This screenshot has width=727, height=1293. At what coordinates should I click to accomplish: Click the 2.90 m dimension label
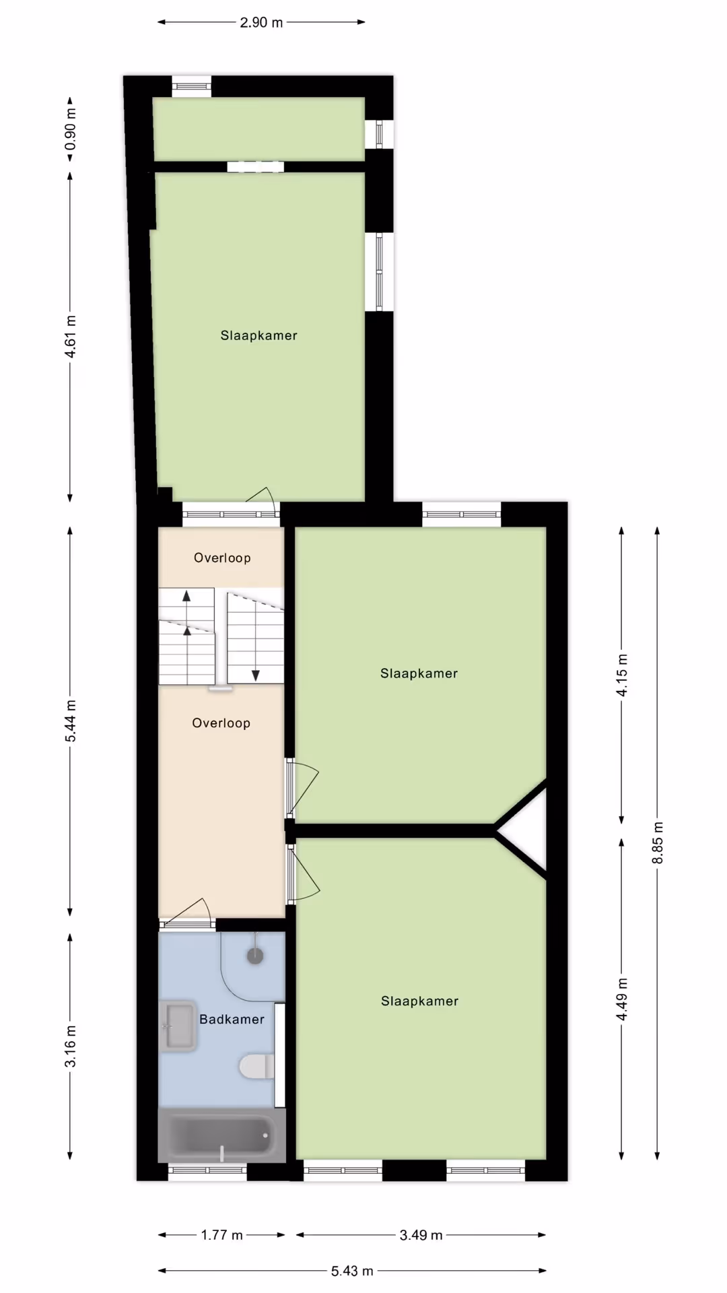pos(261,22)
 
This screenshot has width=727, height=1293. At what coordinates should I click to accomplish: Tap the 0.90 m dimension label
pos(70,129)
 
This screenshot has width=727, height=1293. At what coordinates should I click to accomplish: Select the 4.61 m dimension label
pos(70,337)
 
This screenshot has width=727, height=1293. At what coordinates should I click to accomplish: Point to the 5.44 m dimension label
pos(70,721)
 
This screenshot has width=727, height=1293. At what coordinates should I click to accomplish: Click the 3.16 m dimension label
pos(70,1047)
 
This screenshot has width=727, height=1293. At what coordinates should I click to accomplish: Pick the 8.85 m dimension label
pos(658,842)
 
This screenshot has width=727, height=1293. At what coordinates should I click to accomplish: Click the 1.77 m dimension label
pos(221,1235)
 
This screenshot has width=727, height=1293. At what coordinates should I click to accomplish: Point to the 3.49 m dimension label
pos(421,1235)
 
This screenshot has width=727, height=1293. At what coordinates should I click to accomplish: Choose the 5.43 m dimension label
pos(351,1271)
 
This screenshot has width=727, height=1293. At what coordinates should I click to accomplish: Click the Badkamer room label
pos(232,1019)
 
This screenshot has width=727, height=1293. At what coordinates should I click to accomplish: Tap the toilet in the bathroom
pos(256,1067)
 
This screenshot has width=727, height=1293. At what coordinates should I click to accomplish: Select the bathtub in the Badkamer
pos(221,1135)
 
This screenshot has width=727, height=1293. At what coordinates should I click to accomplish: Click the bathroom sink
pos(178,1026)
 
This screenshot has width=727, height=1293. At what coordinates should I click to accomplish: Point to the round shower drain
pos(255,956)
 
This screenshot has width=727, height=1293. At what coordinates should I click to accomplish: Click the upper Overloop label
pos(222,558)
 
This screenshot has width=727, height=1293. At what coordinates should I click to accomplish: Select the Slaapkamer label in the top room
pos(258,335)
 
